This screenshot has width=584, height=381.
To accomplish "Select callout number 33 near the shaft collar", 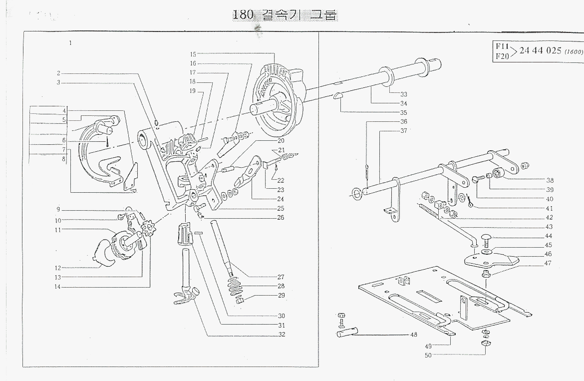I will [x=403, y=94].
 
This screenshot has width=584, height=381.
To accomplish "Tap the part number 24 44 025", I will [x=541, y=50].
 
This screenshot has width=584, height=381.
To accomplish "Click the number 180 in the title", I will [x=244, y=15].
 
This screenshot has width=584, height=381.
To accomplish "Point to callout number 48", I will [x=413, y=335].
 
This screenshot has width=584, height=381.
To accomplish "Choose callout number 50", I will [x=427, y=355].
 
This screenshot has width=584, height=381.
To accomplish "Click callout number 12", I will [x=58, y=268].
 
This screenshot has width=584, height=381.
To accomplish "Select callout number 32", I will [x=282, y=334].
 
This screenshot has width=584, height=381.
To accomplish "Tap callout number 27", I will [x=282, y=277].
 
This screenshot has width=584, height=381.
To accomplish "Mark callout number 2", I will [x=58, y=73].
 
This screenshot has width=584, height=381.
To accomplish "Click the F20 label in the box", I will [x=502, y=56].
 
